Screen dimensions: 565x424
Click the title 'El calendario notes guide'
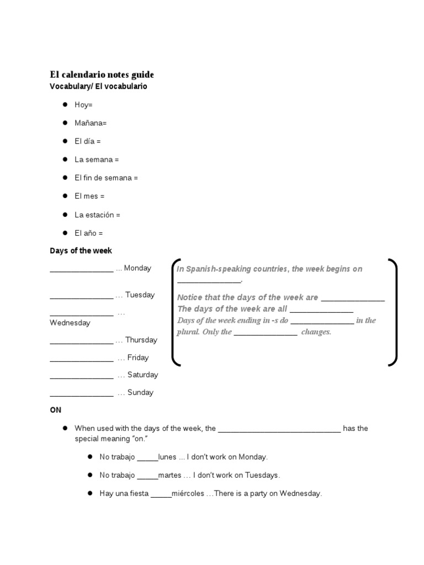[x=102, y=74]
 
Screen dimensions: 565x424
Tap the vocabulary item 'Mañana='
[x=91, y=123]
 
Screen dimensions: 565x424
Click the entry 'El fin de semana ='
[x=106, y=178]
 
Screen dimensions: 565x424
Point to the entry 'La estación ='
[x=97, y=215]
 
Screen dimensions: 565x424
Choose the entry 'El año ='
[x=89, y=233]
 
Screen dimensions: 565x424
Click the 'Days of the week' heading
[x=81, y=250]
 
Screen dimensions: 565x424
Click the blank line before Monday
[x=81, y=270]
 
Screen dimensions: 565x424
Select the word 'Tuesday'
[x=140, y=295]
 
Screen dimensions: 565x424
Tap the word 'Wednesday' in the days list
[x=70, y=323]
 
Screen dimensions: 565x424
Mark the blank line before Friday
[x=81, y=360]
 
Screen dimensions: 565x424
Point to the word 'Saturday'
[x=142, y=375]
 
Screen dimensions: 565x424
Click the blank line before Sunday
[x=81, y=395]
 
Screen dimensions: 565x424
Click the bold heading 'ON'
[x=56, y=410]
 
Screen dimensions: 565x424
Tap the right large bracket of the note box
[x=393, y=312]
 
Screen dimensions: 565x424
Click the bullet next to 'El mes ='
[x=65, y=196]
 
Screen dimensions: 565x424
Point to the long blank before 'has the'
[x=279, y=430]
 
